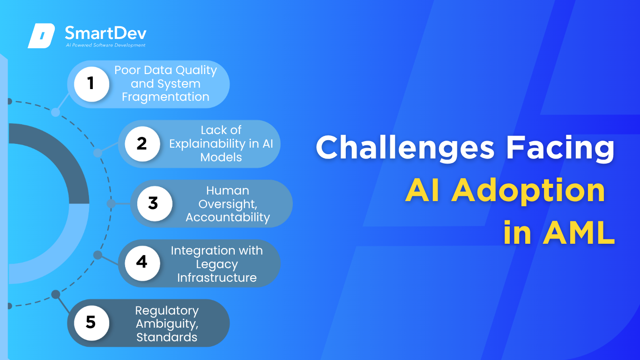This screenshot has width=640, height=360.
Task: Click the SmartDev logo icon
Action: pyautogui.click(x=41, y=36)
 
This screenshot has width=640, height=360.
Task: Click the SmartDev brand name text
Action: pyautogui.click(x=105, y=33)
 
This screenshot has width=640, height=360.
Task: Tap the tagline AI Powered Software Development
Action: pyautogui.click(x=105, y=45)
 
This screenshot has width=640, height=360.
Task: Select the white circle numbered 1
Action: pyautogui.click(x=91, y=84)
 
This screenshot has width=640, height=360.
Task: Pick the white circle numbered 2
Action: pyautogui.click(x=142, y=144)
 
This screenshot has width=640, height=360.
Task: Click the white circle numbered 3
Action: pyautogui.click(x=155, y=203)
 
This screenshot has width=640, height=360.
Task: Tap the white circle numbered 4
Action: pyautogui.click(x=142, y=263)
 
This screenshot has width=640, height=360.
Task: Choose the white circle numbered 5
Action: pyautogui.click(x=91, y=323)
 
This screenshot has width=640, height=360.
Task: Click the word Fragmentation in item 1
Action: pyautogui.click(x=165, y=97)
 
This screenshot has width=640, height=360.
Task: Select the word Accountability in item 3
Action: pyautogui.click(x=228, y=217)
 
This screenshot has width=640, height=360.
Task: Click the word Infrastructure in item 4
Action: pyautogui.click(x=217, y=277)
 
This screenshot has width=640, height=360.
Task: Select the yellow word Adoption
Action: pyautogui.click(x=528, y=191)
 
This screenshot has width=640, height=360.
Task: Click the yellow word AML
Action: pyautogui.click(x=579, y=233)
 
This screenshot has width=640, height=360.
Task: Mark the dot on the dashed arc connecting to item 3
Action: pyautogui.click(x=111, y=203)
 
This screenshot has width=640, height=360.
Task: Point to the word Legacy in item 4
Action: pyautogui.click(x=217, y=264)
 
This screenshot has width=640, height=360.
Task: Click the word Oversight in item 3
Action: pyautogui.click(x=228, y=204)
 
